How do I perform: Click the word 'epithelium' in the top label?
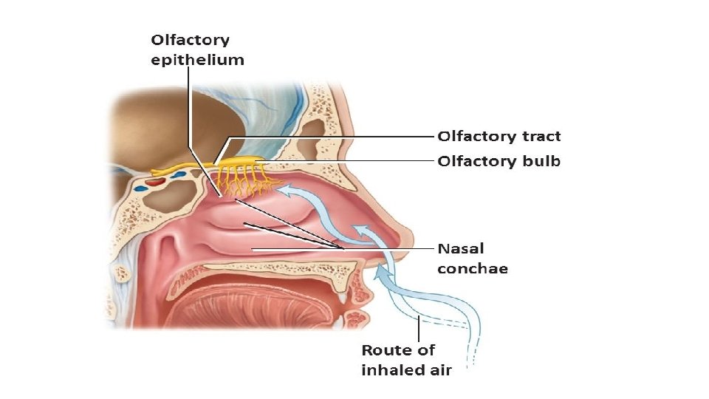pos(197,60)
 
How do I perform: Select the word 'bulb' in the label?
pos(541,161)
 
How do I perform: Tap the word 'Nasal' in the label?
pos(461,249)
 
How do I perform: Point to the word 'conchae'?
pos(473,269)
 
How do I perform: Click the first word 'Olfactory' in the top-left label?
pos(191,40)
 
